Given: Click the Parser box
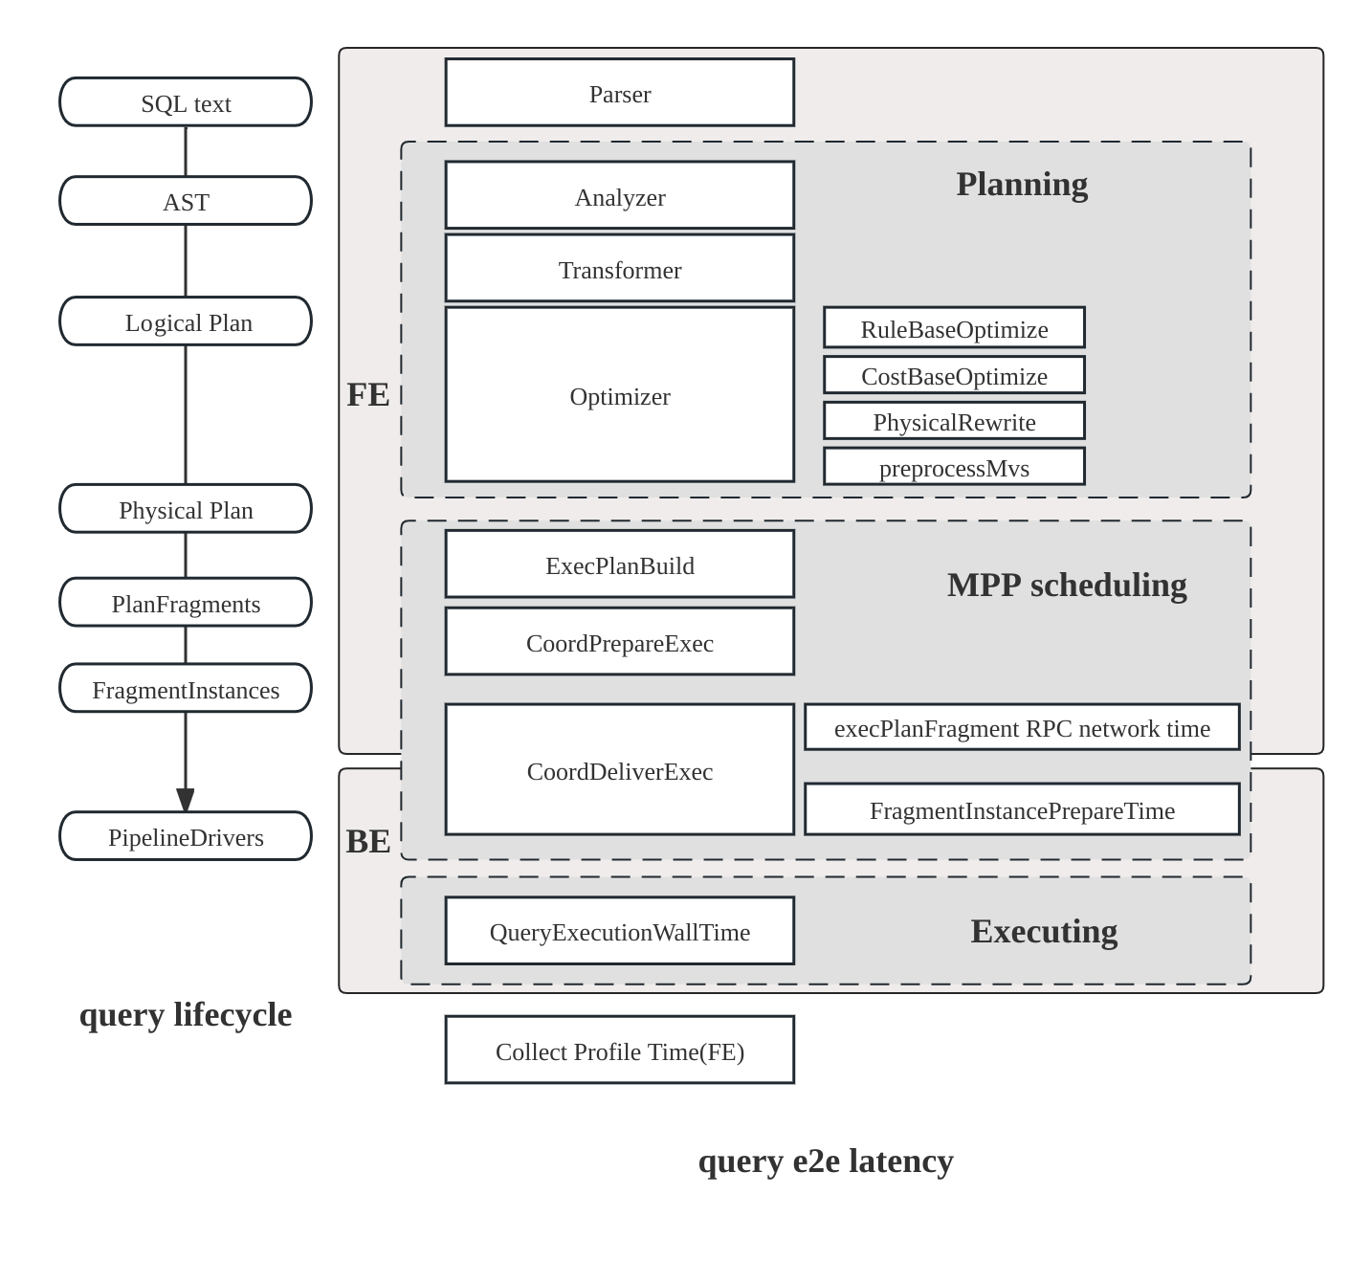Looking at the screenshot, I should pyautogui.click(x=619, y=93).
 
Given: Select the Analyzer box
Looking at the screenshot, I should pyautogui.click(x=619, y=196).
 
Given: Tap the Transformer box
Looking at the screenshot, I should pyautogui.click(x=619, y=269).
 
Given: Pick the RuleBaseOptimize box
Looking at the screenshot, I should pyautogui.click(x=954, y=328).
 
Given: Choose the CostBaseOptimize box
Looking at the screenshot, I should pyautogui.click(x=954, y=375).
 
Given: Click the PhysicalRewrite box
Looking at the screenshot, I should pyautogui.click(x=954, y=421).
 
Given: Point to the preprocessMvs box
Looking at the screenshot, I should pyautogui.click(x=954, y=467).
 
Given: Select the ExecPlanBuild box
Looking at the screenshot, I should pyautogui.click(x=619, y=564).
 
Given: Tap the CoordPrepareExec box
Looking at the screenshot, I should pyautogui.click(x=619, y=642).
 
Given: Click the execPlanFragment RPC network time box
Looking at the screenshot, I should pyautogui.click(x=1022, y=728).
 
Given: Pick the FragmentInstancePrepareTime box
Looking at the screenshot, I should pyautogui.click(x=1022, y=809).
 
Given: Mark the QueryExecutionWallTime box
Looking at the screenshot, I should pyautogui.click(x=619, y=931).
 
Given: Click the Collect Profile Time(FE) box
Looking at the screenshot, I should pyautogui.click(x=619, y=1051).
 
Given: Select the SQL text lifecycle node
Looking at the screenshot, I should pyautogui.click(x=186, y=102).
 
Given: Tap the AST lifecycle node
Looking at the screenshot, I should pyautogui.click(x=186, y=201).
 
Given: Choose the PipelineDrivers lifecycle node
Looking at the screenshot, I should pyautogui.click(x=186, y=836).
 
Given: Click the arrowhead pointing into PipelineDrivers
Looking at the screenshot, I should pyautogui.click(x=186, y=800).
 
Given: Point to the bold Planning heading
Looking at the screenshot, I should pyautogui.click(x=1022, y=184).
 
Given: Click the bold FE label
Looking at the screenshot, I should pyautogui.click(x=367, y=394).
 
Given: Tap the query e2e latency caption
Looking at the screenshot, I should pyautogui.click(x=825, y=1161).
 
